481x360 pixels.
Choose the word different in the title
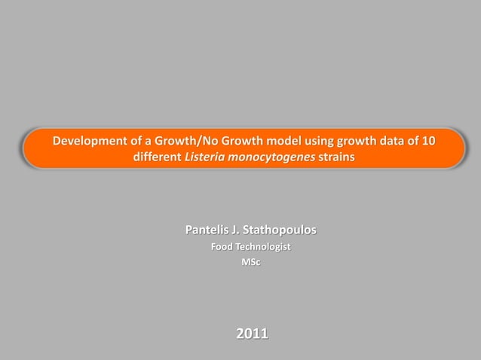[x=157, y=159]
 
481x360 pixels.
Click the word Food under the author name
[x=222, y=247]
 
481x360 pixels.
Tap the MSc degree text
[x=251, y=262]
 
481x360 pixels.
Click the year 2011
[x=252, y=333]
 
